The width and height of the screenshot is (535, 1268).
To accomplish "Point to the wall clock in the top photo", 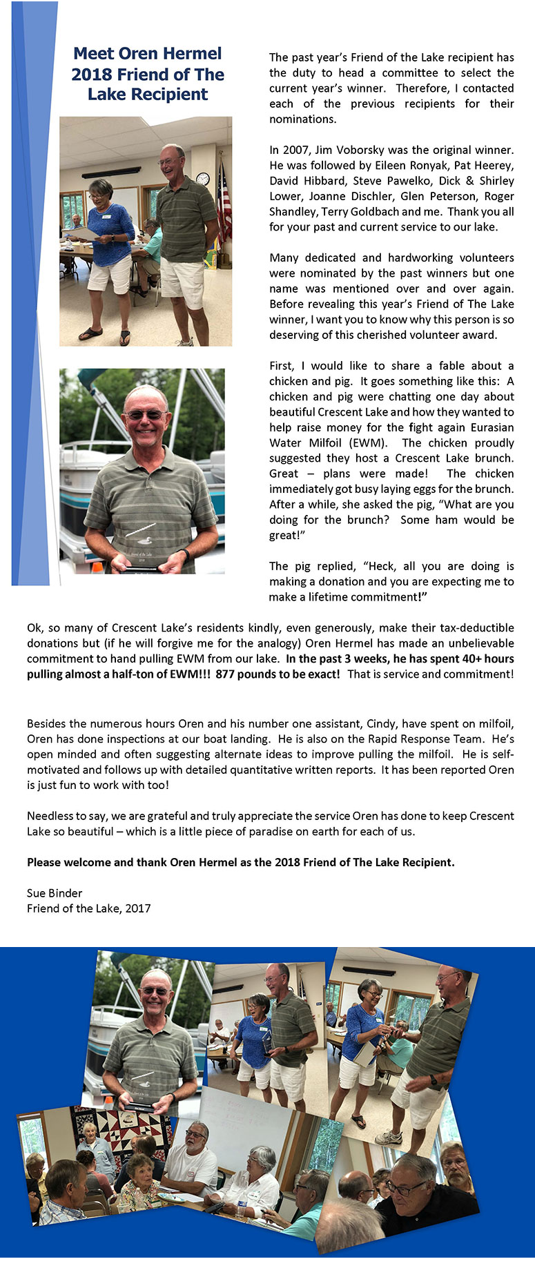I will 203,178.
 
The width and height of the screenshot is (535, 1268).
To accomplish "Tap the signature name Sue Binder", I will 55,893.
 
